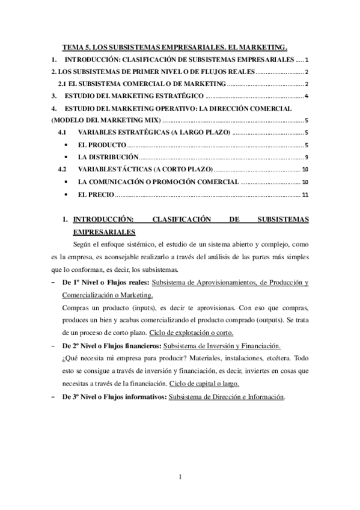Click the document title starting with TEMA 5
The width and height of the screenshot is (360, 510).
click(176, 46)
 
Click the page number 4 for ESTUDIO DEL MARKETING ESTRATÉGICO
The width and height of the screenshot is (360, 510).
click(307, 96)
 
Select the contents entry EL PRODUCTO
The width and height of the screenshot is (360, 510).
click(102, 145)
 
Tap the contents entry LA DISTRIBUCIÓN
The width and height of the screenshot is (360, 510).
click(108, 158)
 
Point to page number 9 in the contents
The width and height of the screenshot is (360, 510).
click(307, 158)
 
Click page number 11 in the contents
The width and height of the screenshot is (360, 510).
click(305, 194)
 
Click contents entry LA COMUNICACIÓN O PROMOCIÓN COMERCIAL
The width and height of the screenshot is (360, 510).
click(158, 182)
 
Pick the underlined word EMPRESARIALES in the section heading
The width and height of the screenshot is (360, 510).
click(103, 232)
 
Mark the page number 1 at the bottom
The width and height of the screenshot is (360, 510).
click(180, 478)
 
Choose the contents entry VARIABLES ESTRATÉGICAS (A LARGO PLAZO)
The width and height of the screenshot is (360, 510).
click(153, 133)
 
